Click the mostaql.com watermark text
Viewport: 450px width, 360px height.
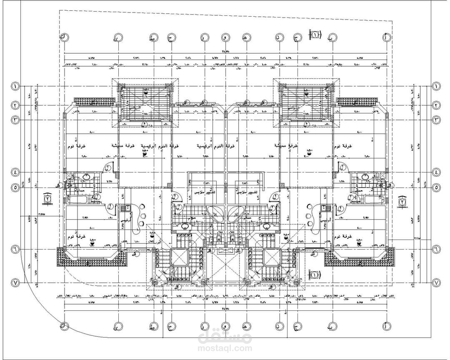pyautogui.click(x=225, y=347)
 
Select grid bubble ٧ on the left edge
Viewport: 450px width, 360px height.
pyautogui.click(x=15, y=283)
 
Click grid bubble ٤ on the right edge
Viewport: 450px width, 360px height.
pyautogui.click(x=437, y=172)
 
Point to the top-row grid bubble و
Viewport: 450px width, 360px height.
pyautogui.click(x=225, y=37)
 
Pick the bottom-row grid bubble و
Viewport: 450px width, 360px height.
pyautogui.click(x=225, y=326)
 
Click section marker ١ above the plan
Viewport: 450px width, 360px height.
pyautogui.click(x=316, y=35)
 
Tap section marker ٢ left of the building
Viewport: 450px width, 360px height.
pyautogui.click(x=48, y=199)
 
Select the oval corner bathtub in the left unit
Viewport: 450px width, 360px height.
pyautogui.click(x=216, y=214)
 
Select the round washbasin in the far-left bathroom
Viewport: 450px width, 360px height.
pyautogui.click(x=86, y=177)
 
